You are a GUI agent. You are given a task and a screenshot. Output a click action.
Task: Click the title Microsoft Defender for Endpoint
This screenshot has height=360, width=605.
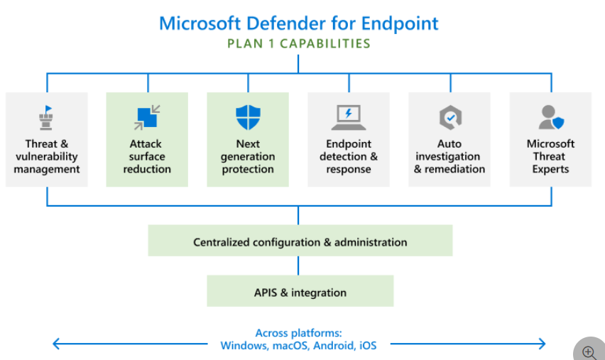[x=298, y=23]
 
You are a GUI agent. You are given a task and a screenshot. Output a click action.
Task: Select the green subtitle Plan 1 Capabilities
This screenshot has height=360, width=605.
[x=298, y=44]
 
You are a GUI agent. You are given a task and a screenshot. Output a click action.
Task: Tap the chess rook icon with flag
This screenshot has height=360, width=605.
[x=46, y=118]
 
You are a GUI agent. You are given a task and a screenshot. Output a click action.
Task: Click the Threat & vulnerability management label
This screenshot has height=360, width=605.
[x=47, y=156]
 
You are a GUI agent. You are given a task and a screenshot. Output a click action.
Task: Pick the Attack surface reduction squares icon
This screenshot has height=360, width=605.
[x=147, y=118]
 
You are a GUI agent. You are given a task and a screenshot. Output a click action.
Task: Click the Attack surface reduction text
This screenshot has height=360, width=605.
[x=147, y=156]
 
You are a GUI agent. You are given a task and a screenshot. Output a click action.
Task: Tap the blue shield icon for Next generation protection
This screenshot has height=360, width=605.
[x=248, y=117]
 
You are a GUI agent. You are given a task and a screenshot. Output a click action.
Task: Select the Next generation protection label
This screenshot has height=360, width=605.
[x=248, y=156]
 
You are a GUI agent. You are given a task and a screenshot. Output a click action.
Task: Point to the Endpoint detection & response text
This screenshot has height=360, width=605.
[x=349, y=156]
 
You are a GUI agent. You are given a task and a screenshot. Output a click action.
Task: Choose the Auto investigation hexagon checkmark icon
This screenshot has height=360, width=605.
[x=449, y=117]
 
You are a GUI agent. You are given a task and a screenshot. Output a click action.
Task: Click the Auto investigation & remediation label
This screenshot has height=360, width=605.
[x=449, y=156]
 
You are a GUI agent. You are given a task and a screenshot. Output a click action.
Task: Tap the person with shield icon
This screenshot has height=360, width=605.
[x=550, y=117]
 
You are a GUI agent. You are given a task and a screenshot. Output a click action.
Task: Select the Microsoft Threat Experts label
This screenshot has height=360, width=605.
[x=550, y=156]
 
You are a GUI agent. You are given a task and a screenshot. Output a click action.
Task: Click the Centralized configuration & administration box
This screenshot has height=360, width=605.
[x=300, y=242]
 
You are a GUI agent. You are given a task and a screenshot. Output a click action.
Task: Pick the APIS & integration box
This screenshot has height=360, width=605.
[x=300, y=292]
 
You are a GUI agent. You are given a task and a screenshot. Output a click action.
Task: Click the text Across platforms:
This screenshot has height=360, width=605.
[x=298, y=333]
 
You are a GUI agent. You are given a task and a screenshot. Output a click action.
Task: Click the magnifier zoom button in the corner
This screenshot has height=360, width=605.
[x=589, y=351]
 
